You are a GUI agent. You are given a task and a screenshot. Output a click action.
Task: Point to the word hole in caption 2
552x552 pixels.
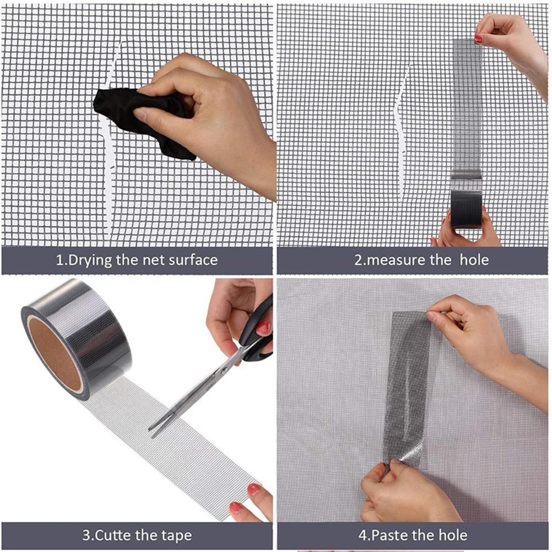point(474,260)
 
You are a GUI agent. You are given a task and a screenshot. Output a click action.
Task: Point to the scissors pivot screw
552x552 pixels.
point(223,370)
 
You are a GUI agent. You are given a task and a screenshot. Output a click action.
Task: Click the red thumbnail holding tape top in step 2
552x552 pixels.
point(478,39)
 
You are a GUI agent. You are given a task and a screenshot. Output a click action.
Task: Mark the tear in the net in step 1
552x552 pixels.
point(110,141)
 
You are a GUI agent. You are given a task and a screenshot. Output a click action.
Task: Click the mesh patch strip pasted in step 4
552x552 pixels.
point(408,387)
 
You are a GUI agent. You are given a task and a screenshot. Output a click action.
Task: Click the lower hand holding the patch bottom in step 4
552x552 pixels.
point(405,493)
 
